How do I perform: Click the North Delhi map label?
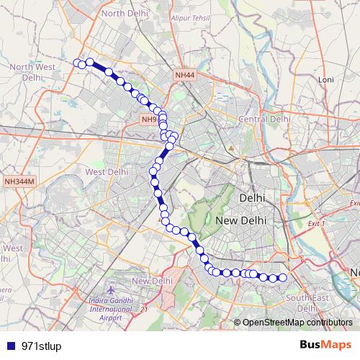pos(124,13)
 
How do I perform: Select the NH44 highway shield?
pos(184,74)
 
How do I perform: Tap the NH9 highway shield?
pos(149,120)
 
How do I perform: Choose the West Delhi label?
pos(107,172)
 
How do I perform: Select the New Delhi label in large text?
pos(241,220)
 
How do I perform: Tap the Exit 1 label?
pos(317,224)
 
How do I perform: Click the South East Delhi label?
pos(312,297)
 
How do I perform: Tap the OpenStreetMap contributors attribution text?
pos(293,322)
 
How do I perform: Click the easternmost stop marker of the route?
pos(283,278)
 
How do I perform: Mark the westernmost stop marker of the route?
pos(77,63)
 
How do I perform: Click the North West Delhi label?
pos(32,71)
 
